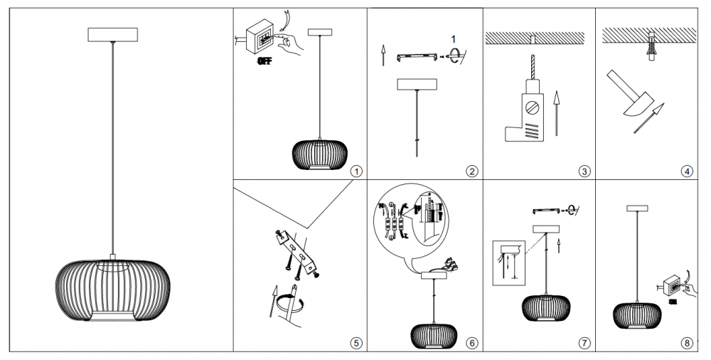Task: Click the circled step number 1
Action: pyautogui.click(x=356, y=171)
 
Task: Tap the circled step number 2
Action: pyautogui.click(x=471, y=171)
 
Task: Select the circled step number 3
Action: pyautogui.click(x=584, y=171)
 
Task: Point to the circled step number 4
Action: pyautogui.click(x=686, y=171)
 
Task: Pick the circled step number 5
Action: pyautogui.click(x=356, y=343)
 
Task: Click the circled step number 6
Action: pyautogui.click(x=471, y=343)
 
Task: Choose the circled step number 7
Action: pyautogui.click(x=584, y=343)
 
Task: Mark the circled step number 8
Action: pyautogui.click(x=686, y=343)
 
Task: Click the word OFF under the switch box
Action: pyautogui.click(x=264, y=61)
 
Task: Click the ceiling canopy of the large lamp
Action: pyautogui.click(x=112, y=34)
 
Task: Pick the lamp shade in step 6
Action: pyautogui.click(x=434, y=334)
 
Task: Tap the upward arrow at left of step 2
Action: pyautogui.click(x=383, y=55)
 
